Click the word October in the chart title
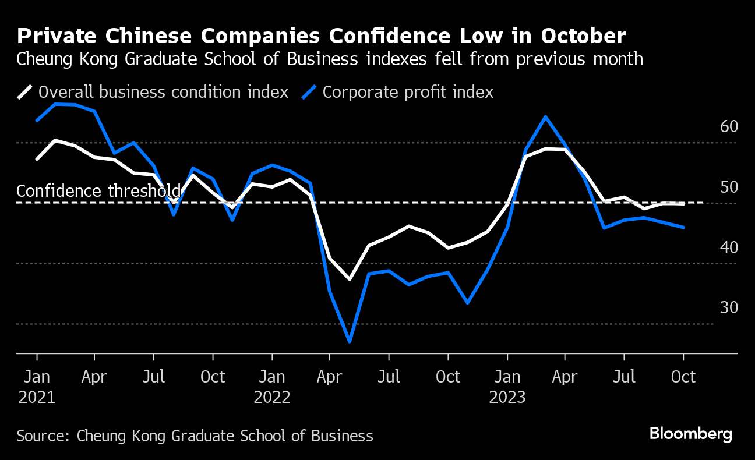pyautogui.click(x=583, y=36)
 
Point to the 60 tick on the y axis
pyautogui.click(x=729, y=126)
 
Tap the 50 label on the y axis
pyautogui.click(x=729, y=187)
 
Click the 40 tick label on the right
pyautogui.click(x=729, y=247)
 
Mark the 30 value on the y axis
pyautogui.click(x=729, y=307)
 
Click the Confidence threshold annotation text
pyautogui.click(x=98, y=191)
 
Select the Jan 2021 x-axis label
pyautogui.click(x=37, y=387)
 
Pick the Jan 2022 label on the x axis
pyautogui.click(x=271, y=387)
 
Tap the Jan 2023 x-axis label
pyautogui.click(x=507, y=387)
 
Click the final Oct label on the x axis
pyautogui.click(x=683, y=377)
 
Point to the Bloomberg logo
pyautogui.click(x=690, y=434)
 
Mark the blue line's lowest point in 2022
pyautogui.click(x=350, y=341)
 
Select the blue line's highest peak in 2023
pyautogui.click(x=545, y=116)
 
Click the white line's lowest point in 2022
pyautogui.click(x=350, y=279)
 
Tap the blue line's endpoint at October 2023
pyautogui.click(x=683, y=228)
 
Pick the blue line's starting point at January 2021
pyautogui.click(x=37, y=121)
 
